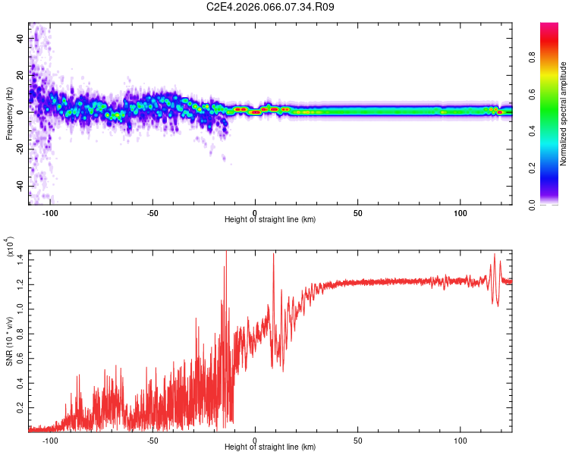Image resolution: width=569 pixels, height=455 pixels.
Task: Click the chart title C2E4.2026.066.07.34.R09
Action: point(271,8)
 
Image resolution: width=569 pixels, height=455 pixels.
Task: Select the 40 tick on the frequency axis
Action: point(20,38)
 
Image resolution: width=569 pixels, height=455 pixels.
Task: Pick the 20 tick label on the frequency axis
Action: point(20,75)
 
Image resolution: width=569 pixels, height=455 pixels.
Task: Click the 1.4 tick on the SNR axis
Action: point(19,259)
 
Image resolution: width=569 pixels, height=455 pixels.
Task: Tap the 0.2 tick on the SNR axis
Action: point(19,407)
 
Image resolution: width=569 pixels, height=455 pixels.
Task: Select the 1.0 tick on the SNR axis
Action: point(19,309)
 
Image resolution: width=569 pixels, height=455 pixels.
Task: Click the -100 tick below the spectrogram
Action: point(50,213)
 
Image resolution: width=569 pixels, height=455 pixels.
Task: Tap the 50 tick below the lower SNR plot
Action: point(357,440)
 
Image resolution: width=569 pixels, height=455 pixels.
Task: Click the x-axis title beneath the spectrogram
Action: point(270,220)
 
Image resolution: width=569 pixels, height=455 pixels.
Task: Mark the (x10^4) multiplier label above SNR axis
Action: point(10,247)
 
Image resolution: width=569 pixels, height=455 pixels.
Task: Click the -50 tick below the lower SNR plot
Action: point(152,440)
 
